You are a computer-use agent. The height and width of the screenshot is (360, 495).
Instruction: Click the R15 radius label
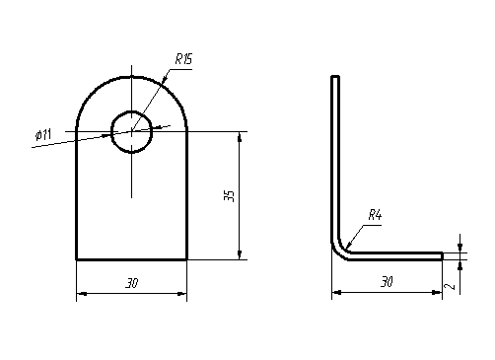tap(183, 59)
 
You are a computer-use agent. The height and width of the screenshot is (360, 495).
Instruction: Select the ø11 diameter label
tap(42, 134)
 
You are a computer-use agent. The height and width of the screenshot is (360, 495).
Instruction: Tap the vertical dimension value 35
tap(229, 194)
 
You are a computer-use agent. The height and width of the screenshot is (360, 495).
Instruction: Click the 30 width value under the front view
tap(131, 283)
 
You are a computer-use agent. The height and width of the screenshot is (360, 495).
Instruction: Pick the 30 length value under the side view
tap(386, 282)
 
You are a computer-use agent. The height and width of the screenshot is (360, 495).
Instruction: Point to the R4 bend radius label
tap(375, 214)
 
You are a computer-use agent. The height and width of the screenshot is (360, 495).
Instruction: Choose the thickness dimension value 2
tap(450, 286)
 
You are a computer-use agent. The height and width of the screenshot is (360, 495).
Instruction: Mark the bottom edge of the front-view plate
tap(131, 259)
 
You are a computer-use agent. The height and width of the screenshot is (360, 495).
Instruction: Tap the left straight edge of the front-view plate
tap(77, 197)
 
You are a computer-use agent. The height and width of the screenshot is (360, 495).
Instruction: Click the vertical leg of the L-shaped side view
tap(334, 158)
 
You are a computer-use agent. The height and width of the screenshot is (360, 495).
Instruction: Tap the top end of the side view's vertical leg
tap(334, 76)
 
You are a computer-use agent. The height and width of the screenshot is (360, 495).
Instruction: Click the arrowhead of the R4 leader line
tap(346, 244)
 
